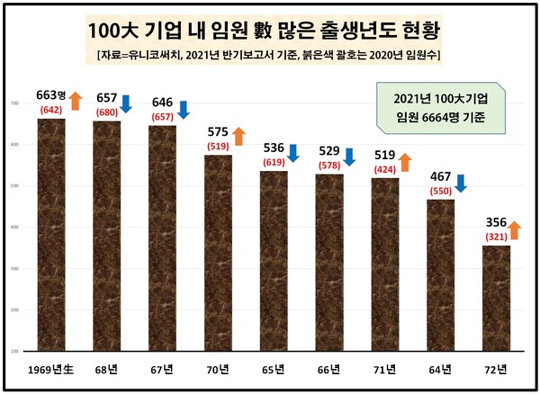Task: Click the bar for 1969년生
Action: (x=50, y=234)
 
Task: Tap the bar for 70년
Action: (x=218, y=253)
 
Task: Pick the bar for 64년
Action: (x=440, y=274)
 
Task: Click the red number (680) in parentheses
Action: (x=105, y=112)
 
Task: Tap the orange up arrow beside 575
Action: (x=238, y=137)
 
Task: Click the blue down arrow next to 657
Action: (x=126, y=103)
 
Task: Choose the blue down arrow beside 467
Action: (x=460, y=184)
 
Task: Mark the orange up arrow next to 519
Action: (x=405, y=162)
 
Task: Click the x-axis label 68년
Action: (x=106, y=370)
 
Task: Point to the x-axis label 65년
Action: (x=274, y=370)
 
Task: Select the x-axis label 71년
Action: (x=384, y=370)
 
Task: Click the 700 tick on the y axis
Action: (x=14, y=104)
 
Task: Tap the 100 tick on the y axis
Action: (x=14, y=350)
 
